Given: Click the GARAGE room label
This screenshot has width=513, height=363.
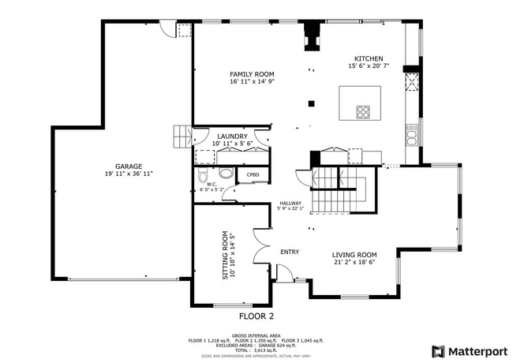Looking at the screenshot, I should click(129, 166).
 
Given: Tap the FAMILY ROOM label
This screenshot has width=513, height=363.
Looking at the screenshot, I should click(252, 74).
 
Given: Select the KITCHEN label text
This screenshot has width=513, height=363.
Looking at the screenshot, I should click(369, 59).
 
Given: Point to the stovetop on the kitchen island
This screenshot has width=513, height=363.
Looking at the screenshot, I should click(363, 111).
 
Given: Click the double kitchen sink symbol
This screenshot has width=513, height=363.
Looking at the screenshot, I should click(411, 137).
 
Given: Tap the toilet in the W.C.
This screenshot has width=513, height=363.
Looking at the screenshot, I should click(203, 175).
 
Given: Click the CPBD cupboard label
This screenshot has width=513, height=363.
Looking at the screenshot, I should click(253, 174).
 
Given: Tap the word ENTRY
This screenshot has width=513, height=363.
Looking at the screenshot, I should click(290, 252).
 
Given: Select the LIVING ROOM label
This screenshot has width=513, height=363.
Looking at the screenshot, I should click(354, 255).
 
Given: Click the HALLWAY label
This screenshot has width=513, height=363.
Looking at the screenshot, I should click(290, 203).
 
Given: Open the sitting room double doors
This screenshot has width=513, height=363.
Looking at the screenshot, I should click(262, 245).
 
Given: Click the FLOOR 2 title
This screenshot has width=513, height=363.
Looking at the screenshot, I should click(256, 316).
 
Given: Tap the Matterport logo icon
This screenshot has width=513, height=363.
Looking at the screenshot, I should click(437, 351).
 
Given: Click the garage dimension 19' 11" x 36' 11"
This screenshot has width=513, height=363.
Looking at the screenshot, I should click(129, 174).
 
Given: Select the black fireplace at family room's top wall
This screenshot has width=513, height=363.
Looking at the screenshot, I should click(313, 38).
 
